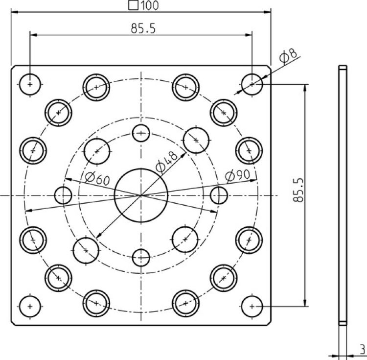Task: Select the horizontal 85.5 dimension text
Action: pyautogui.click(x=143, y=29)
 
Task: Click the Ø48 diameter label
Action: pyautogui.click(x=166, y=162)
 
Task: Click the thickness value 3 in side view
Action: pyautogui.click(x=362, y=349)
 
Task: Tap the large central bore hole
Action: pyautogui.click(x=141, y=195)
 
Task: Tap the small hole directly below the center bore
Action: pyautogui.click(x=141, y=257)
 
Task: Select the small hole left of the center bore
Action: pyautogui.click(x=63, y=195)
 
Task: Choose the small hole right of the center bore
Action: pyautogui.click(x=218, y=195)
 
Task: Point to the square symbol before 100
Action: pyautogui.click(x=132, y=5)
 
